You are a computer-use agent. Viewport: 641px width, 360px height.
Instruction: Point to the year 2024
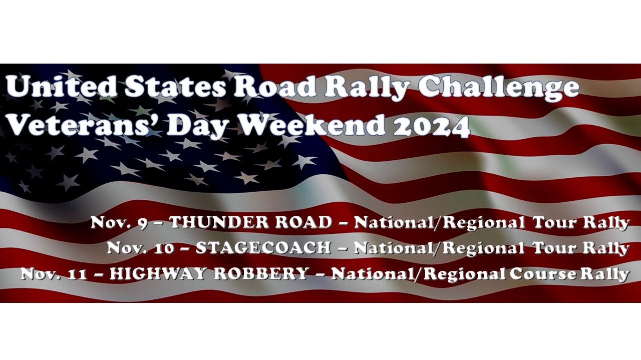pyautogui.click(x=431, y=125)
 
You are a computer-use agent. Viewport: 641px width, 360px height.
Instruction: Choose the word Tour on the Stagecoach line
pyautogui.click(x=553, y=248)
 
